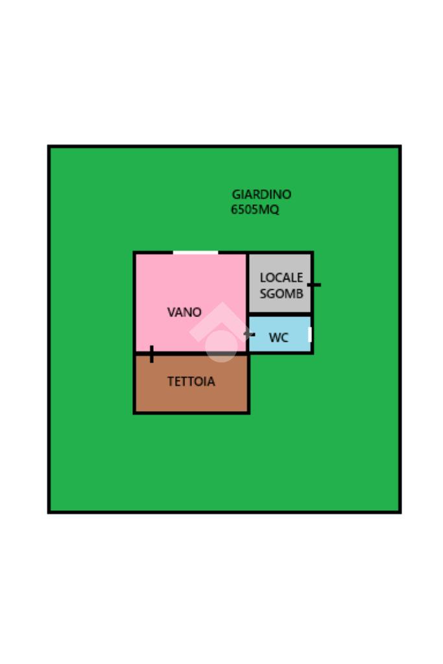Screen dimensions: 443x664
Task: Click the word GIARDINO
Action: pos(261,194)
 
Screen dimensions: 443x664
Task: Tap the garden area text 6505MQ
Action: pos(255,209)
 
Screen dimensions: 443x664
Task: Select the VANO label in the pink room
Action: pos(184,312)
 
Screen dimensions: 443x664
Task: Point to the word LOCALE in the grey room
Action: pos(281,278)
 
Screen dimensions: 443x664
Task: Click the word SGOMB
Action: pos(281,293)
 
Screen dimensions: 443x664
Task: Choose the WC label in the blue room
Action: pos(278,338)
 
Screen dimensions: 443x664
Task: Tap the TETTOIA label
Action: pos(191,381)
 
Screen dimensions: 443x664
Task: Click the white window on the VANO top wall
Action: pos(195,252)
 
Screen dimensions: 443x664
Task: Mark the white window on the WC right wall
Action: pos(310,335)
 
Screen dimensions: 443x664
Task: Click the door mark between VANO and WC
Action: pos(248,335)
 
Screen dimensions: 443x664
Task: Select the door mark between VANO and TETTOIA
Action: pos(151,354)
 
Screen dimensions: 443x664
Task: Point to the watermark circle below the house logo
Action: pos(221,346)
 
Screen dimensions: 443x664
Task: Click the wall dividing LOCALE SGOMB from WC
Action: pos(280,314)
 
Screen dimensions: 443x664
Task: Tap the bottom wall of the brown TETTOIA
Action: pos(191,412)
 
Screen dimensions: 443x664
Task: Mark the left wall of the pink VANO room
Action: pos(134,302)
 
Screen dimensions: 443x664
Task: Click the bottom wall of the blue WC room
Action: pos(280,353)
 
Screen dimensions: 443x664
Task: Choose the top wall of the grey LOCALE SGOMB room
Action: pos(280,253)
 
